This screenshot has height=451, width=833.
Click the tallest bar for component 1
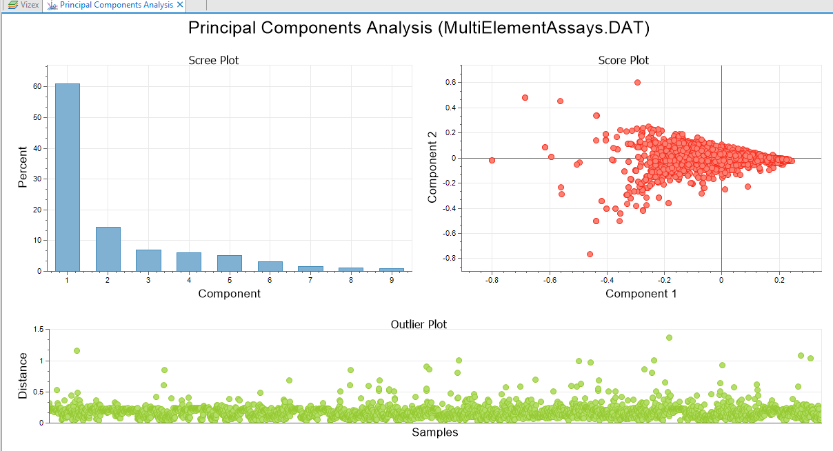pos(68,177)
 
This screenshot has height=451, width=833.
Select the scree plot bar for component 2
pos(108,249)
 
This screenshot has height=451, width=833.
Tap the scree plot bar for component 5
pos(230,263)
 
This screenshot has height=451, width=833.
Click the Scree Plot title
pos(214,60)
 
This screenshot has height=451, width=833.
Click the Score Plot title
pos(623,60)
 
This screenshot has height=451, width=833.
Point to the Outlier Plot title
pos(419,325)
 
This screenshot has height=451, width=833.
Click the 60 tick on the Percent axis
pos(37,86)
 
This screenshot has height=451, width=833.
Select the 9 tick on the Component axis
pos(392,281)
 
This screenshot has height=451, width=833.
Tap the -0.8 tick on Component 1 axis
pos(492,281)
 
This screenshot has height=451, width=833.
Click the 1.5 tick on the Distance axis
pos(39,329)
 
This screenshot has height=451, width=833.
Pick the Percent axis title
pos(23,167)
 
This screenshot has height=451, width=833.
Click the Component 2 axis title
pos(432,168)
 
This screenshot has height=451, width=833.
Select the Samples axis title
pos(434,432)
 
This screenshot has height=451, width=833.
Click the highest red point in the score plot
pos(637,83)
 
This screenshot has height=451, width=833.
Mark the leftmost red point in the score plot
pos(492,160)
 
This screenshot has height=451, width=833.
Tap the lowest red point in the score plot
pos(590,254)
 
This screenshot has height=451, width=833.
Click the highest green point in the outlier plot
pos(670,338)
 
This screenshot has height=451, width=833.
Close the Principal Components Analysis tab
pos(180,5)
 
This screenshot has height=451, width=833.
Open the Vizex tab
pos(25,6)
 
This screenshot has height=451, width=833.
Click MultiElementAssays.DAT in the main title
pos(543,28)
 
